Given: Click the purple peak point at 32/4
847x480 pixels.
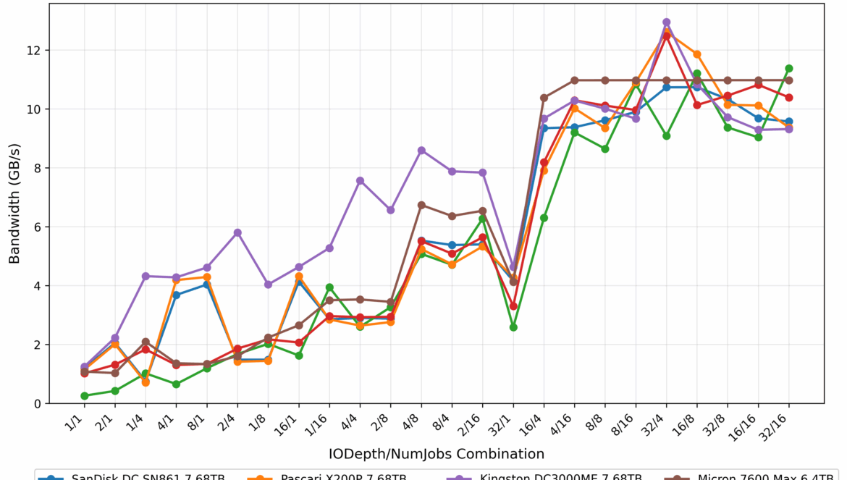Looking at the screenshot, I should tap(666, 22).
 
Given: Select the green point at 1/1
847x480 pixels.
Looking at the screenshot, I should tap(85, 396).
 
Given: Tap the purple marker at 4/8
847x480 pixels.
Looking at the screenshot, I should tap(421, 151).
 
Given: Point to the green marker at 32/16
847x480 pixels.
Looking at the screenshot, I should tap(789, 69).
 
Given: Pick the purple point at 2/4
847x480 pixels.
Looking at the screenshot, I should tap(237, 232).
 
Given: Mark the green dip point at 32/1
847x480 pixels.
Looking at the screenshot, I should tap(513, 327).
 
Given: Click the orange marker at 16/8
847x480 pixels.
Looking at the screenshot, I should tap(697, 54).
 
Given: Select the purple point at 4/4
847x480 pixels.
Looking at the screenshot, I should tap(360, 180).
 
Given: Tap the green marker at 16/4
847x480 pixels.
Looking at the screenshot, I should tap(544, 218).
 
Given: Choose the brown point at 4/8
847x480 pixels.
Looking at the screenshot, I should tap(421, 205).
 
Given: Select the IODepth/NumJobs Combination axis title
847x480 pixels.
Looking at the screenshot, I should tap(437, 455).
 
